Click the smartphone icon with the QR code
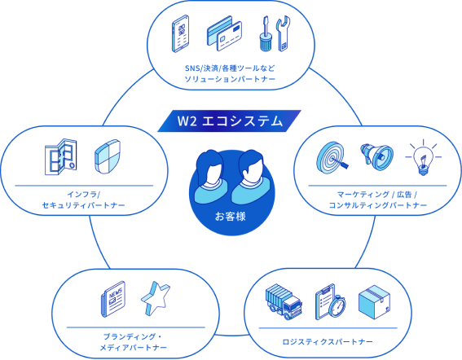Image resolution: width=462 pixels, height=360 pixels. tap(180, 33)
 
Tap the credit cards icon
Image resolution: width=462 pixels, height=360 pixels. tap(225, 33)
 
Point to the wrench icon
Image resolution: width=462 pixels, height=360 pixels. tap(284, 34)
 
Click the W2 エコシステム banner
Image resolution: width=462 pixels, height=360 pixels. tap(229, 121)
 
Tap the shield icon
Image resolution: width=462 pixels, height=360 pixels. tap(108, 156)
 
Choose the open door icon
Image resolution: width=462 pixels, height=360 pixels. tap(60, 156)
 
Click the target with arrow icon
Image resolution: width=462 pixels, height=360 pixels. tap(332, 158)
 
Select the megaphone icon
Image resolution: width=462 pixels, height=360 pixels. tap(376, 156)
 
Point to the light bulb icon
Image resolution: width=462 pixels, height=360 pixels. tap(423, 158)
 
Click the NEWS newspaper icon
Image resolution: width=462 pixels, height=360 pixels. tap(113, 299)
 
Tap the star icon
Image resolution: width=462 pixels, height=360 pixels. tap(156, 298)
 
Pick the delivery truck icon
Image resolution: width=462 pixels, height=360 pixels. tap(284, 302)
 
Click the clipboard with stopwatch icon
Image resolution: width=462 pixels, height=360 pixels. tap(330, 301)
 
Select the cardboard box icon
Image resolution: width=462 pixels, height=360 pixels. tap(375, 302)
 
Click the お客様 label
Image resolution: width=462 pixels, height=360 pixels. tap(231, 217)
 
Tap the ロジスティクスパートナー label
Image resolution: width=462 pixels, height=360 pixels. tap(328, 342)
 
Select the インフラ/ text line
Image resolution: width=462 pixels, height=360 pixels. tap(84, 195)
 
